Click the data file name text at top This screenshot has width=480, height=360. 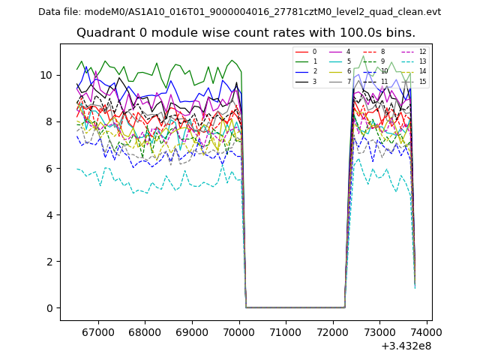[239, 12]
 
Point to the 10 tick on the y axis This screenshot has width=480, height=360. [49, 75]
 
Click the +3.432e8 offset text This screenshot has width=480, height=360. [406, 346]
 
